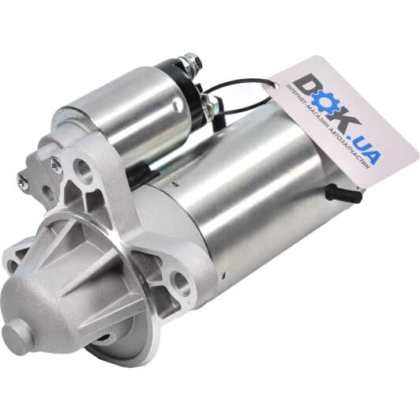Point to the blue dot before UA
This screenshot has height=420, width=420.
point(351,138)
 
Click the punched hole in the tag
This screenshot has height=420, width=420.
point(275,84)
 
